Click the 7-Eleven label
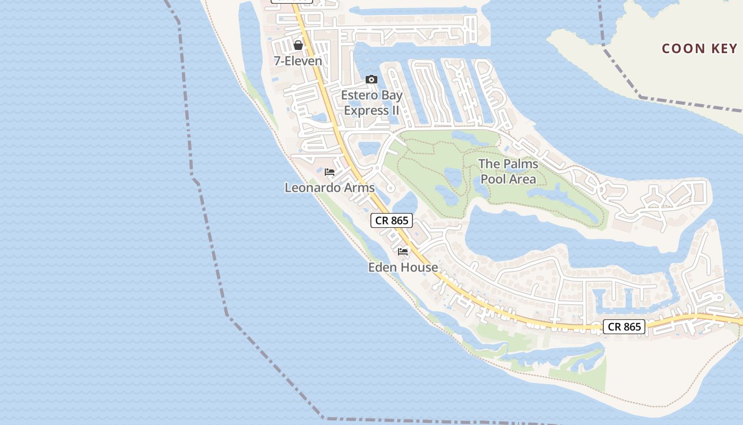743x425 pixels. (298, 61)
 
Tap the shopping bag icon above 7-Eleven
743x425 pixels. (298, 45)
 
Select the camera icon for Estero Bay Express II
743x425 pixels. (371, 80)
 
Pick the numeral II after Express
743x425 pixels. (394, 110)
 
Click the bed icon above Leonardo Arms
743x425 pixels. (330, 172)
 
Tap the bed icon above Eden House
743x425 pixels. (403, 251)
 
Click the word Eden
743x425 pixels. (383, 267)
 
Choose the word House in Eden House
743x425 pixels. (419, 267)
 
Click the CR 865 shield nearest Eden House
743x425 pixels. (392, 220)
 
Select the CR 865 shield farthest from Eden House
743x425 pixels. (624, 327)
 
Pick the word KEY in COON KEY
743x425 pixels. (725, 49)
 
